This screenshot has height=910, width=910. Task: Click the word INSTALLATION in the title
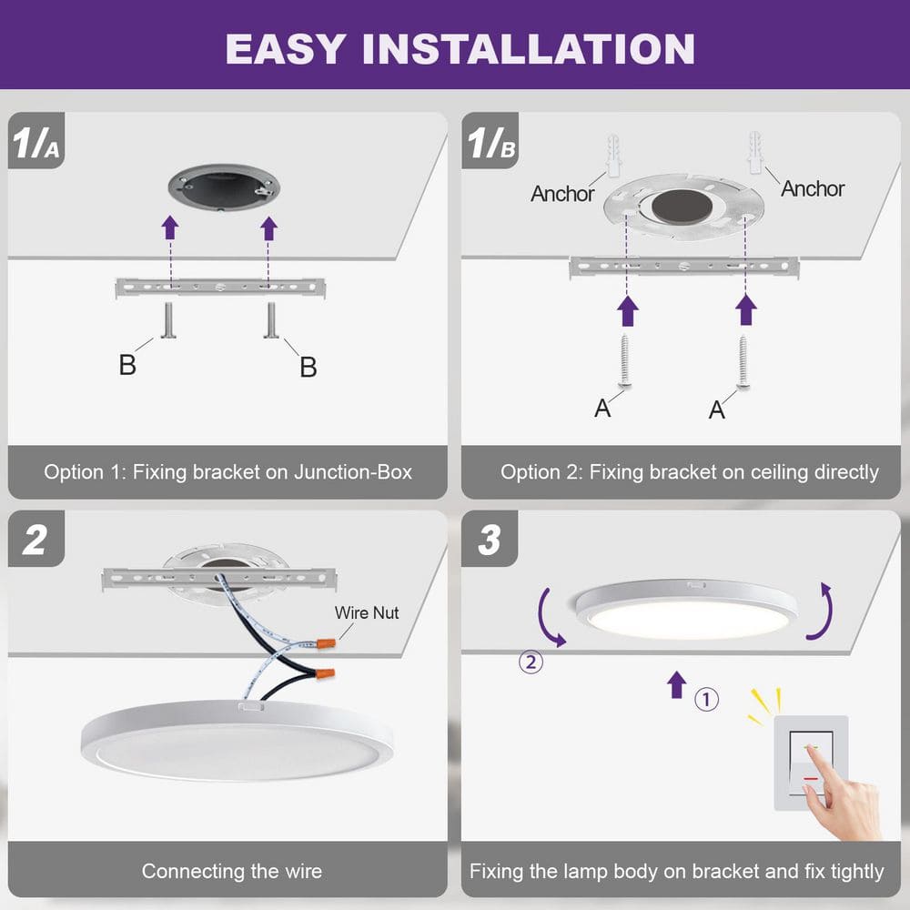pos(528,48)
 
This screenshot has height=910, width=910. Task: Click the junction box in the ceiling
pos(224,189)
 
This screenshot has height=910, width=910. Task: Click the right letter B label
pos(308,367)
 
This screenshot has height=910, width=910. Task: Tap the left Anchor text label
pos(562,194)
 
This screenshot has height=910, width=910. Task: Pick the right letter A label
pos(717,410)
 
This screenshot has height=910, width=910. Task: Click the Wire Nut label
pos(367,612)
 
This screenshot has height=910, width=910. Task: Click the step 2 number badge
pos(35,540)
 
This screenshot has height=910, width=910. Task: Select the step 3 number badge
pos(490,540)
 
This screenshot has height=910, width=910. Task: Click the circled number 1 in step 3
pos(707,699)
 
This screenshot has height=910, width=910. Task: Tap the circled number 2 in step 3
pos(531,662)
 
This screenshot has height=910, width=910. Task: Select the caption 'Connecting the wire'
pos(231,871)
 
